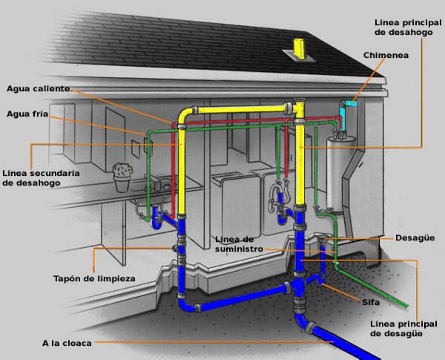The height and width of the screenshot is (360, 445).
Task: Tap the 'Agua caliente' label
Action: tap(38, 88)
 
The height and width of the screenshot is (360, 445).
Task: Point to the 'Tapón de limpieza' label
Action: tap(93, 278)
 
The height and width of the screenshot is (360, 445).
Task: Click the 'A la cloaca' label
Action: tap(67, 342)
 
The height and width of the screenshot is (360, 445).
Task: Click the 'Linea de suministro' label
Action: tap(240, 245)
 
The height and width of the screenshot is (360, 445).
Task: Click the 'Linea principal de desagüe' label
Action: tap(400, 329)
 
